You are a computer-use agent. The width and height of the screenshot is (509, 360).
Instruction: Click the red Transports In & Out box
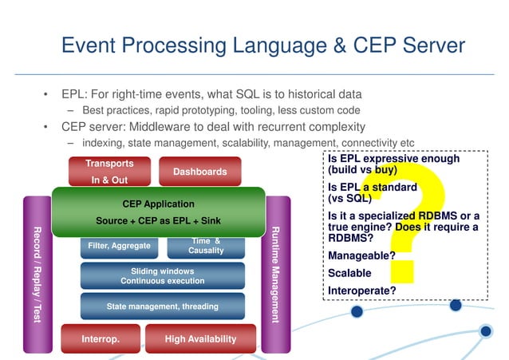(109, 171)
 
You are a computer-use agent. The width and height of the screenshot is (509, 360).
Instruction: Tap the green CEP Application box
(157, 212)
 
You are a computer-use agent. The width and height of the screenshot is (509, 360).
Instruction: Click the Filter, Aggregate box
(119, 247)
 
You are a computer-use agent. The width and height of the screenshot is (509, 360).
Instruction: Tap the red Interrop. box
(101, 339)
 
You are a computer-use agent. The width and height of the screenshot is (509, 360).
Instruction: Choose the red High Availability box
(200, 339)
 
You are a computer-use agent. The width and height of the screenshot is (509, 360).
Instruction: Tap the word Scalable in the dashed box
(349, 273)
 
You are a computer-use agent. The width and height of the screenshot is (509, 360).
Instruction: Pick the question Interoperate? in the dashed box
(362, 291)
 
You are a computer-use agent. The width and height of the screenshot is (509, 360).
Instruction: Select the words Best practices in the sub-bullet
(118, 110)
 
